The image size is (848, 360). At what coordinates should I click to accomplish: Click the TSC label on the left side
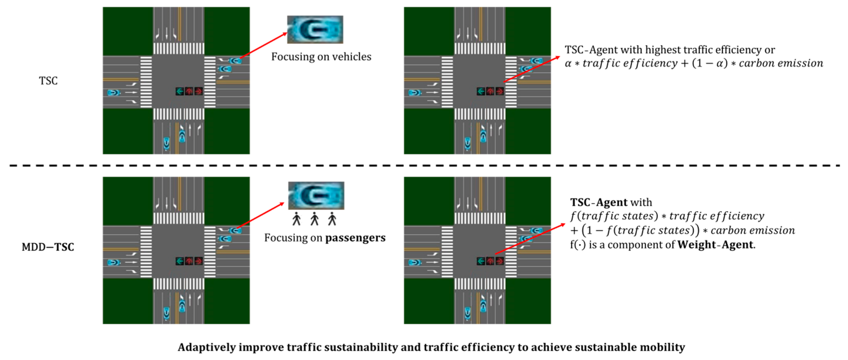48,81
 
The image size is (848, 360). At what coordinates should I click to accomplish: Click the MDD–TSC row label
48,247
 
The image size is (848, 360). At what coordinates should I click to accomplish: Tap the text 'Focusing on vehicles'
321,57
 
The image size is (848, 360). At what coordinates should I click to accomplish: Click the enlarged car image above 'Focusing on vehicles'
315,30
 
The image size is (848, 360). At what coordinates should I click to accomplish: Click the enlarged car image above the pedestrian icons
316,196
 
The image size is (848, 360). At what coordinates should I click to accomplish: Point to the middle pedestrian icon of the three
314,219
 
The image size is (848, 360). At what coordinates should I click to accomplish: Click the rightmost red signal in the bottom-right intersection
500,261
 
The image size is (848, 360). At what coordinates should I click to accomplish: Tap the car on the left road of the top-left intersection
114,92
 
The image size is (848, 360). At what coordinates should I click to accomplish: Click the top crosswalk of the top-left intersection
178,49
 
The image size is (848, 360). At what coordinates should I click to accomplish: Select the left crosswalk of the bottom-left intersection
146,252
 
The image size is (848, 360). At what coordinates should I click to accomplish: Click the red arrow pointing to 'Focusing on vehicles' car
263,46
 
